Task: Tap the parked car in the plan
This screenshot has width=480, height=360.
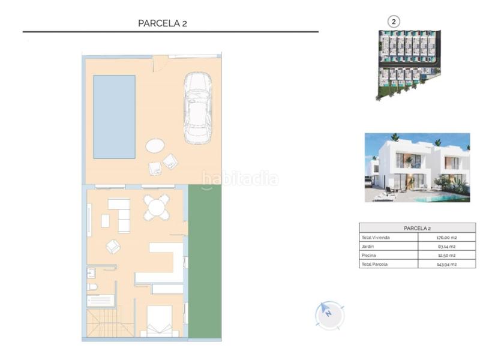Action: tap(197, 109)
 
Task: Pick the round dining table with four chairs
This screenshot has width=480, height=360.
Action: tap(156, 208)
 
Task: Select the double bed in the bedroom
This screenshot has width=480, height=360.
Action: tap(156, 321)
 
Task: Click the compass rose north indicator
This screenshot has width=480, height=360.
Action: tap(329, 314)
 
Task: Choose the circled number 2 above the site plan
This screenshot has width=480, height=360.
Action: tap(394, 22)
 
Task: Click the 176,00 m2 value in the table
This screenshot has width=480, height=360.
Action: tap(446, 238)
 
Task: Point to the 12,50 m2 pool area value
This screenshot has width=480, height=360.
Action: tap(446, 255)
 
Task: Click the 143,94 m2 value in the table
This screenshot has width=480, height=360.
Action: tap(446, 264)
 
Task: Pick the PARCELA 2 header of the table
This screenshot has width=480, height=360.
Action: tap(417, 228)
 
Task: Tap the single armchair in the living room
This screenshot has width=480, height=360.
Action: tap(113, 246)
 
